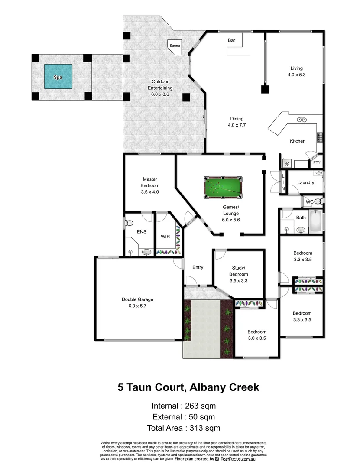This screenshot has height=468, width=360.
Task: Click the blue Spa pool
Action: (x=58, y=77)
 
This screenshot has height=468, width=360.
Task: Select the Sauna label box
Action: (x=175, y=45)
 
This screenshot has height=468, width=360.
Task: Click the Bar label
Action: (x=231, y=40)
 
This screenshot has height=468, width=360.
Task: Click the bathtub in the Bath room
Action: (x=316, y=221)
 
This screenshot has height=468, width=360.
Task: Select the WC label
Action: (x=309, y=202)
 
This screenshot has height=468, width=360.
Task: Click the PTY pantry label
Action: (x=317, y=163)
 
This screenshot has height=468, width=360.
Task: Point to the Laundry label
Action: (x=305, y=182)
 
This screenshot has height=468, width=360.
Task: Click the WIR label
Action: (x=165, y=237)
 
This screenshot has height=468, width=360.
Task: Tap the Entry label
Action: (x=198, y=267)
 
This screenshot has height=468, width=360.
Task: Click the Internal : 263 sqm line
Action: (x=183, y=406)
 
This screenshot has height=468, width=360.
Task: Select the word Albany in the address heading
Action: (x=205, y=387)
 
